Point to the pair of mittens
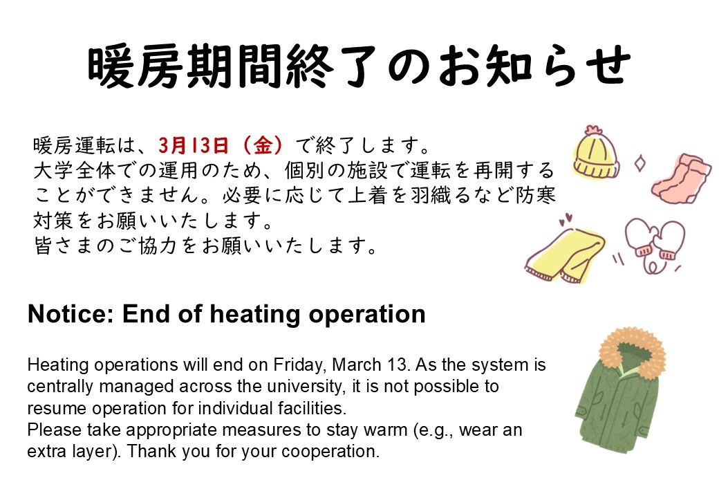coord(654,242)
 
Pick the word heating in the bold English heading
coord(254,315)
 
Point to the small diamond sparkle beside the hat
coord(639,164)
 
